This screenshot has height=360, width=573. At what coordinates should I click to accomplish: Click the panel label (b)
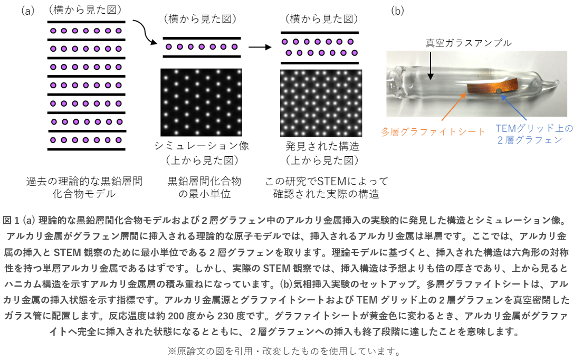coord(397,10)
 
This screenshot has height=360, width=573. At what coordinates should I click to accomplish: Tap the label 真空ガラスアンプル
coord(469,43)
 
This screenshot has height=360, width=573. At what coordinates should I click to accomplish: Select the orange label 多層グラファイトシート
coord(433,131)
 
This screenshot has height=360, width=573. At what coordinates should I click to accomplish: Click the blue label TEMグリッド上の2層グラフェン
coord(534,134)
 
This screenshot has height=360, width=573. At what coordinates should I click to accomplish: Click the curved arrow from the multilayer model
coord(144,32)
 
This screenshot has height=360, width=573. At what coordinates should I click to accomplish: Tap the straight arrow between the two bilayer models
coord(260,47)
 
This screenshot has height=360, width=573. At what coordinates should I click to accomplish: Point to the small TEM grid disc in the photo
coord(499,92)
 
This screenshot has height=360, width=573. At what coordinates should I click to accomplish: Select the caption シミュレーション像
coord(201,146)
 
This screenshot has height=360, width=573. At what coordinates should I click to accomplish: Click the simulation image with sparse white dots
coord(201,102)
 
